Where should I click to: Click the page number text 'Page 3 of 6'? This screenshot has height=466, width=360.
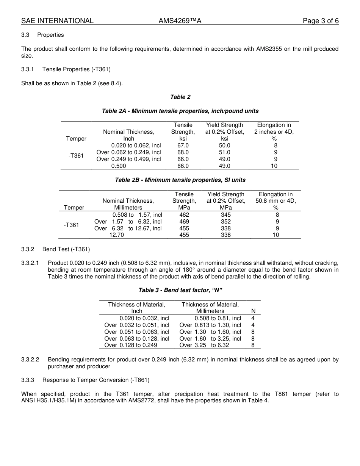(x=321, y=21)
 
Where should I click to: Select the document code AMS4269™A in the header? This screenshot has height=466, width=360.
(x=180, y=21)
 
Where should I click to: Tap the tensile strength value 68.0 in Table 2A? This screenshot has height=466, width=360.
(x=183, y=152)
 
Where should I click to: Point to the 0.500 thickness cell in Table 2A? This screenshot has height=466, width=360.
(x=119, y=166)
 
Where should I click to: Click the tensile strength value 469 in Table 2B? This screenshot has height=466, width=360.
(x=184, y=222)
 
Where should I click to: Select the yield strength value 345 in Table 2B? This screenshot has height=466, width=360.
(x=226, y=215)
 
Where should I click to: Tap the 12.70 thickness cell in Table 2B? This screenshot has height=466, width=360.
(x=117, y=235)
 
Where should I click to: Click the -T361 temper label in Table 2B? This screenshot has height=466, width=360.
(x=72, y=225)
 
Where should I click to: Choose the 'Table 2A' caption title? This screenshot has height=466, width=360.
(x=180, y=111)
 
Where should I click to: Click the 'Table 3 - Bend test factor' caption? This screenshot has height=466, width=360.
(x=180, y=290)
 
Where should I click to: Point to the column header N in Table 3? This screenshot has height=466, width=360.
(x=254, y=311)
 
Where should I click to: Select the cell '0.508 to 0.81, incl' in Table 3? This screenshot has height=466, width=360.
(x=218, y=318)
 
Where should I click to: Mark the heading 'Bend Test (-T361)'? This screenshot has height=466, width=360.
(x=66, y=249)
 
